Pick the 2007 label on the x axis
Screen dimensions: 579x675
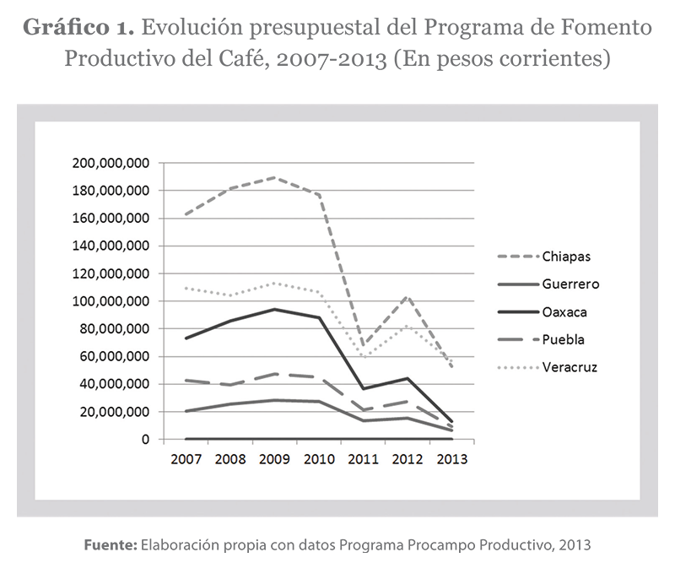185,460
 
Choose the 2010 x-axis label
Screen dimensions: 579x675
318,460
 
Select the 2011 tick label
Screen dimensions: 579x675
363,460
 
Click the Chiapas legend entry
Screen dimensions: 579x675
558,256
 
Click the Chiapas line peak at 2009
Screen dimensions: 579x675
274,177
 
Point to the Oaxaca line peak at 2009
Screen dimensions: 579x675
274,309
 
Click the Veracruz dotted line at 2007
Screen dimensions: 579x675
185,288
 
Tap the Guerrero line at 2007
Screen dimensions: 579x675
185,411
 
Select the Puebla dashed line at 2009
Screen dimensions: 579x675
274,373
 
